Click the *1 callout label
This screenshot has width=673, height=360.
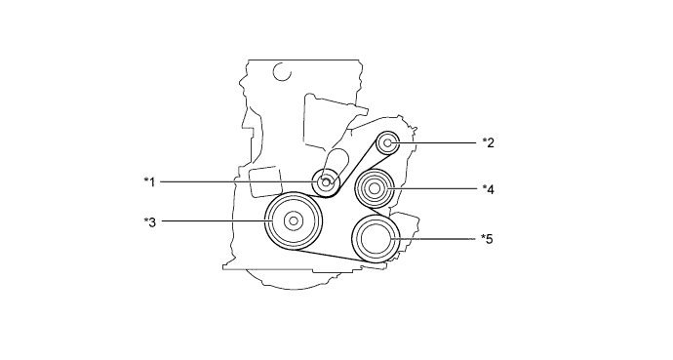(x=149, y=181)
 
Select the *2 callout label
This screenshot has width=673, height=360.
(x=489, y=142)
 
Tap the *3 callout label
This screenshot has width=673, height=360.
(x=150, y=222)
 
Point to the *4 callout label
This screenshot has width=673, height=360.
(x=489, y=189)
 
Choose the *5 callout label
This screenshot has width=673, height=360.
(x=487, y=239)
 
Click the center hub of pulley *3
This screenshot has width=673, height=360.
(x=294, y=221)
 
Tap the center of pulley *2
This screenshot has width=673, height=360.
(x=387, y=142)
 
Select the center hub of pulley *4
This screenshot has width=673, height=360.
(x=374, y=188)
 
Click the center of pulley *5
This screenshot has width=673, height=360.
(x=376, y=239)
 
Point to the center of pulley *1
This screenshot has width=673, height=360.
(x=326, y=182)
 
